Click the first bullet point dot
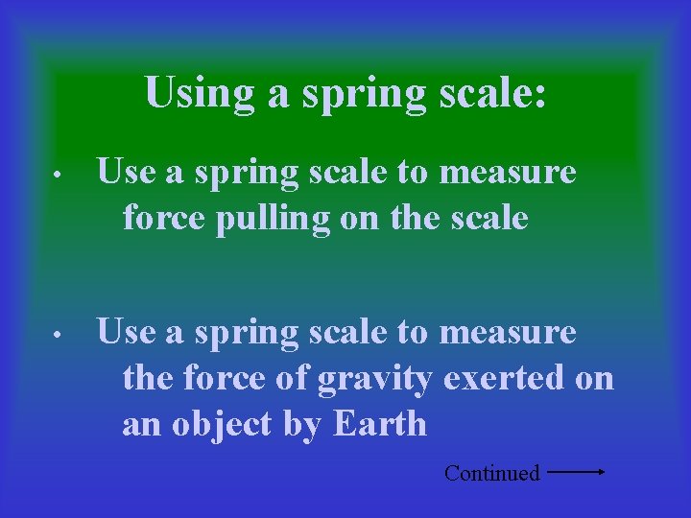58,177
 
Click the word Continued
491,473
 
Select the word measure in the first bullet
508,173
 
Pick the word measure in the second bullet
508,333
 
